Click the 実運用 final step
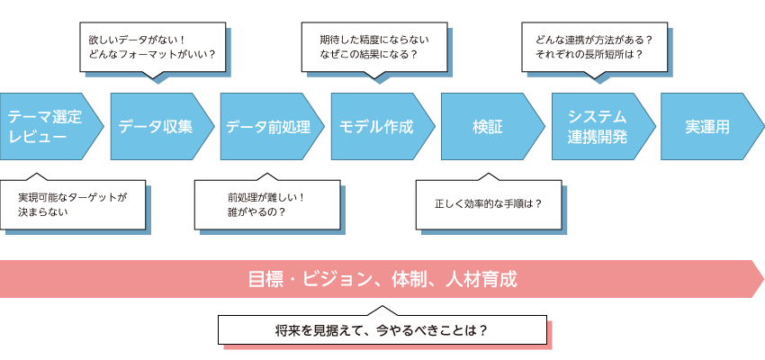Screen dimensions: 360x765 coord(707,126)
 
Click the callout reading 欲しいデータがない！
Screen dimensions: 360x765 coord(151,47)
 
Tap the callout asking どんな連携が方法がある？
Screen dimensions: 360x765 coord(595,47)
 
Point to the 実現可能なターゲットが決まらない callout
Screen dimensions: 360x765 coord(73,203)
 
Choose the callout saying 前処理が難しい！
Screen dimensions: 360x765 coord(267,203)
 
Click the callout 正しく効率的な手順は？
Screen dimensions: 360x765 coord(488,203)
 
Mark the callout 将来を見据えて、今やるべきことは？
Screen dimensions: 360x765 coord(382,329)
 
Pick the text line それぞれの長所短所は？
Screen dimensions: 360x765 coord(589,55)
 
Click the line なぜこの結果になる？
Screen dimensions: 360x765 coord(369,55)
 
